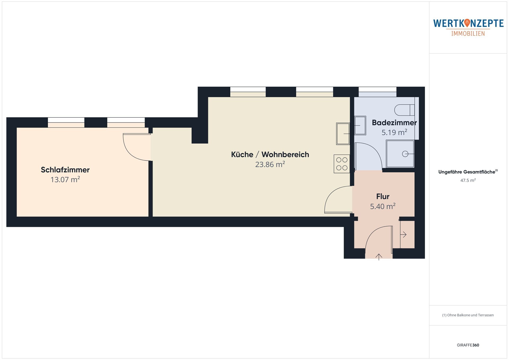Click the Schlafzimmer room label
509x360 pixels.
pos(65,170)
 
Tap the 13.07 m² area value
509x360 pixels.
pos(65,179)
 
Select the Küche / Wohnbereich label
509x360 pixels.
pos(270,155)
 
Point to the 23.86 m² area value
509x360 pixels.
pos(270,164)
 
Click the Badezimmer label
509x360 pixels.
pos(394,123)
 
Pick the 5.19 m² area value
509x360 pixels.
pos(394,132)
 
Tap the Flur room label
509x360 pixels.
pos(383,196)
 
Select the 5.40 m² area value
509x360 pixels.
pos(383,206)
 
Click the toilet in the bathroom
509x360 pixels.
pos(404,110)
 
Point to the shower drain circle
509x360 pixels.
pos(405,154)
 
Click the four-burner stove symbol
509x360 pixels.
pos(342,164)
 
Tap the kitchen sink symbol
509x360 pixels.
pos(343,134)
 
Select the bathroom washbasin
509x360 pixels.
pos(360,125)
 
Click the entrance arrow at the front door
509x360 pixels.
pos(379,257)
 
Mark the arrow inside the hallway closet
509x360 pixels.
pos(403,234)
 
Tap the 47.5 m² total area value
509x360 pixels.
pos(468,180)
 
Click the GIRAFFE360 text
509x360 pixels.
pos(468,345)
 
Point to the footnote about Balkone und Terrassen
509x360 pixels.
pos(468,315)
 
